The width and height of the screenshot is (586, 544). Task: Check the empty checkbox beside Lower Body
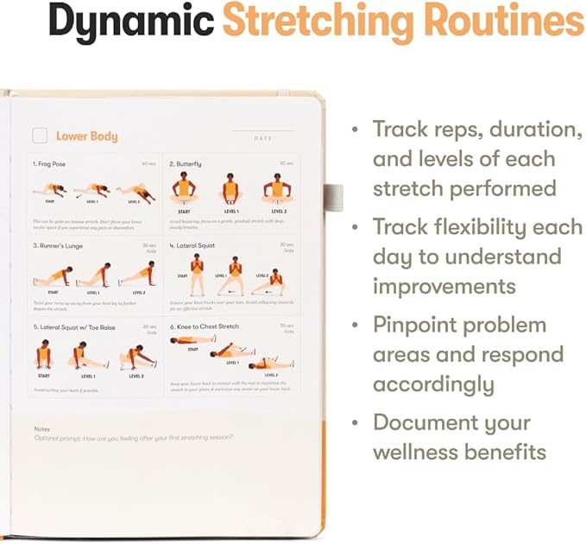[x=40, y=136]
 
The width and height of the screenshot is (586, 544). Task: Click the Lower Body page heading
[x=86, y=136]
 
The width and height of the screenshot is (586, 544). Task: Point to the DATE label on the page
[x=263, y=138]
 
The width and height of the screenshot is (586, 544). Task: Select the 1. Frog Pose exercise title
[x=49, y=163]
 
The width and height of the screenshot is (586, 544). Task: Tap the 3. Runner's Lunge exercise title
[x=59, y=245]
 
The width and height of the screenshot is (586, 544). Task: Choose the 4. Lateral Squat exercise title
[x=195, y=245]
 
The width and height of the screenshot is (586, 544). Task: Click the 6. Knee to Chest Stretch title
[x=205, y=327]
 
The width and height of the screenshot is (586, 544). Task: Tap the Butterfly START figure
[x=184, y=187]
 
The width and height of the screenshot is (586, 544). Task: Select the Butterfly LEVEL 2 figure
[x=278, y=187]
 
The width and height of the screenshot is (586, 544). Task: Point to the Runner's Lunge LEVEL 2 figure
[x=139, y=273]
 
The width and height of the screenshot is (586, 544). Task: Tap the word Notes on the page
[x=42, y=428]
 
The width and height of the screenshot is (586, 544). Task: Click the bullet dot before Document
[x=355, y=423]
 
